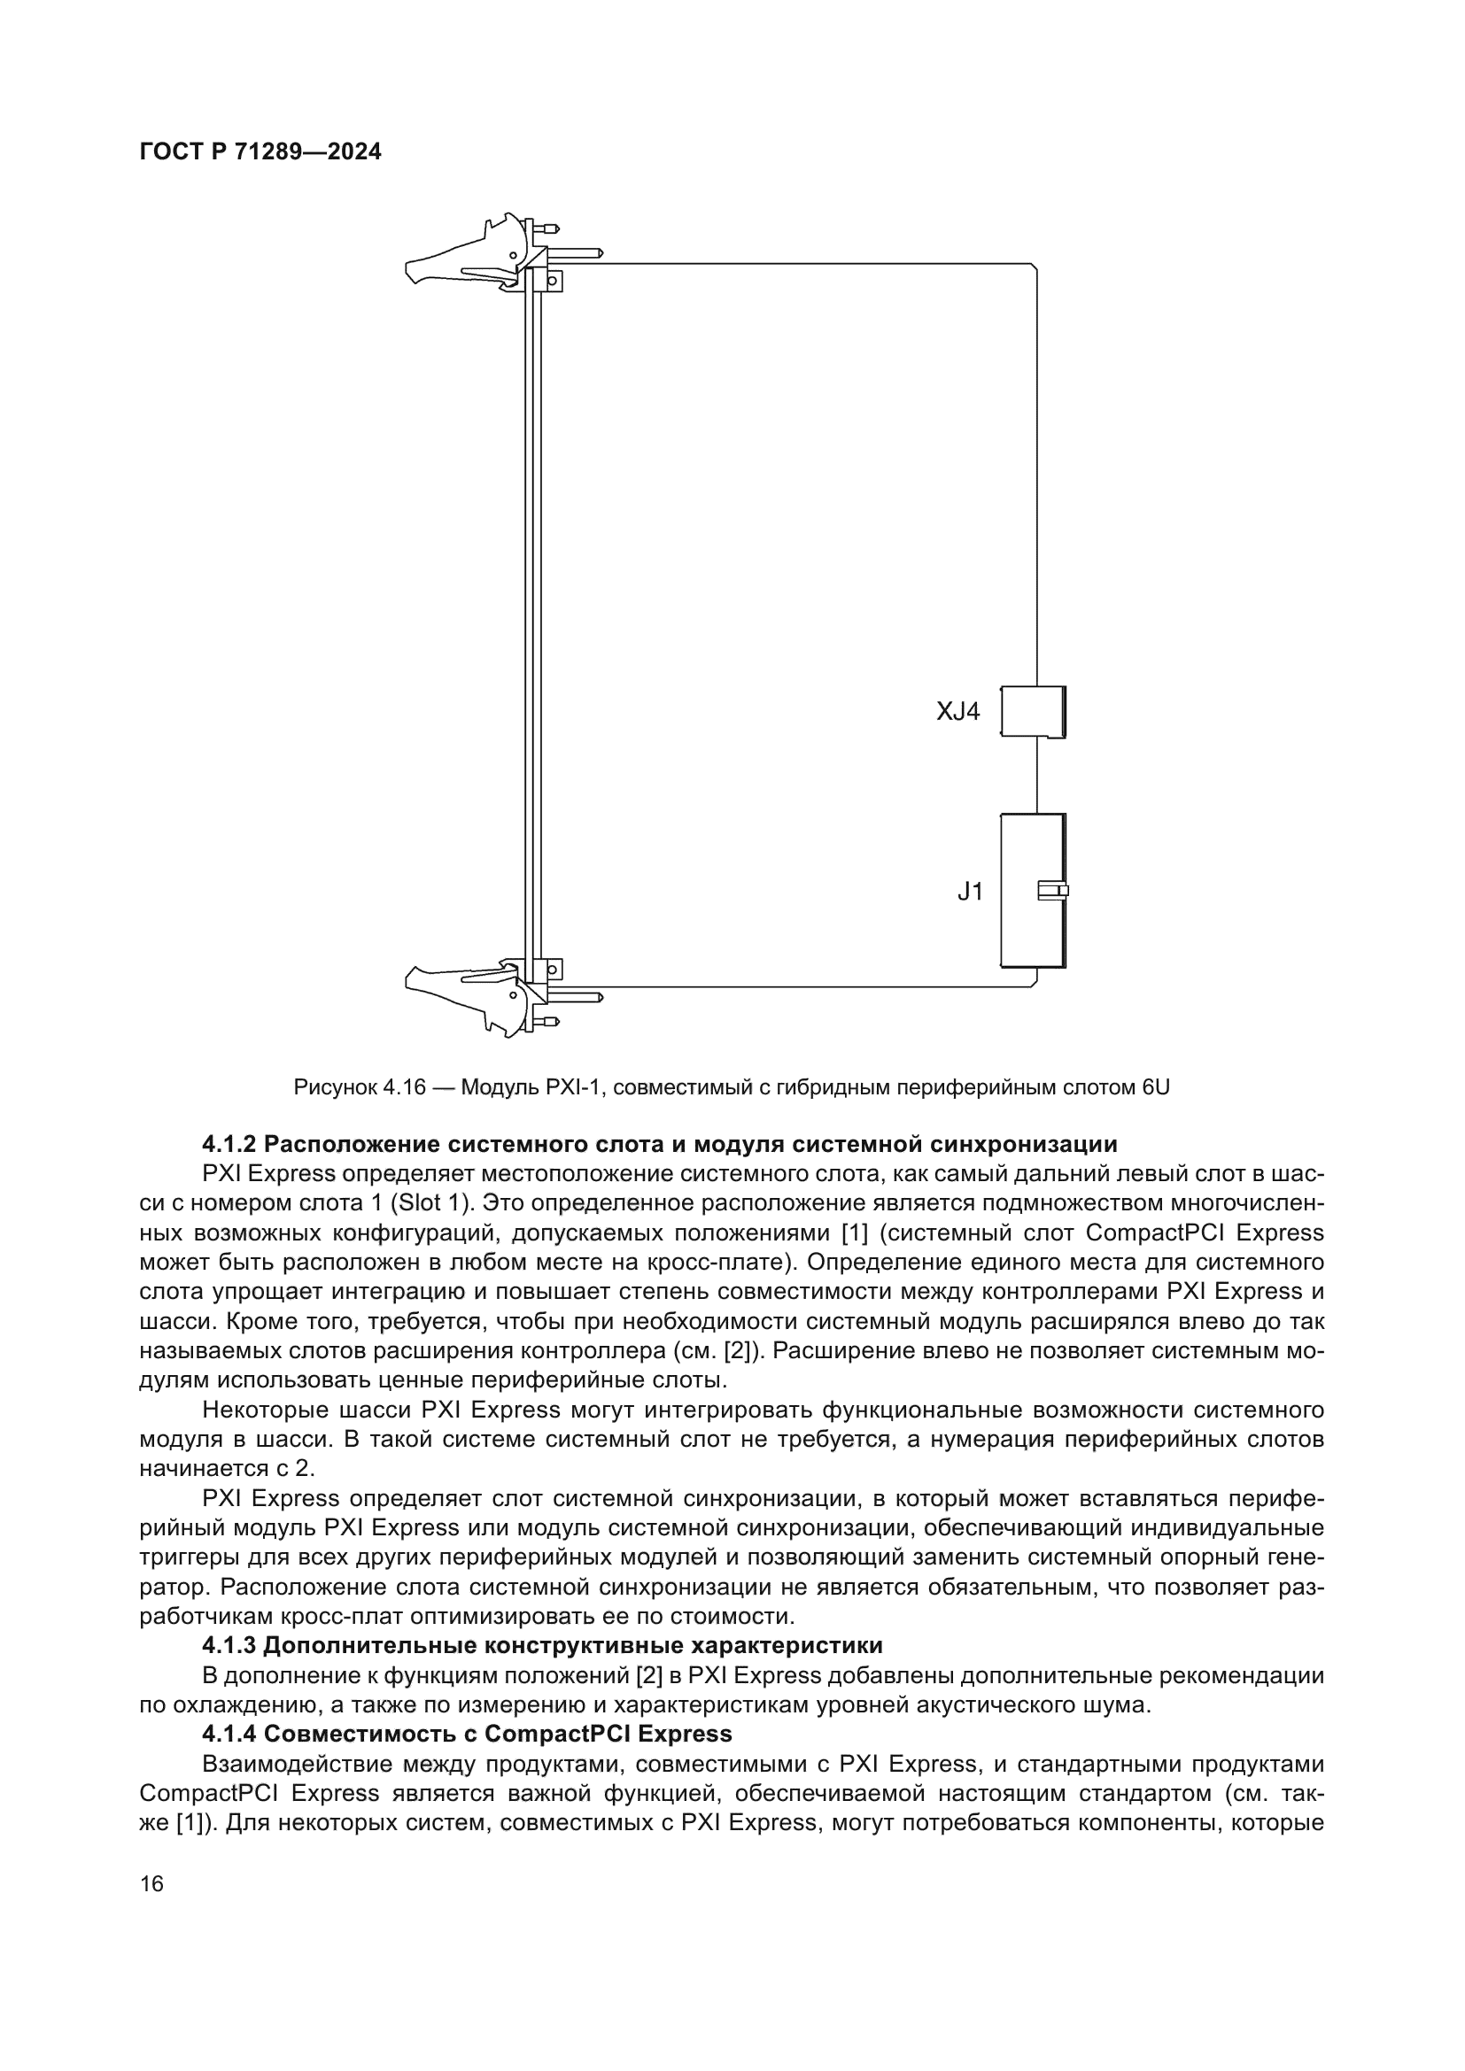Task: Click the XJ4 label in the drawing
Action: pos(957,712)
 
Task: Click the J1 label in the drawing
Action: pos(970,893)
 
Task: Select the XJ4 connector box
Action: pos(1033,713)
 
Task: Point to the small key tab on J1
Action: pos(1053,892)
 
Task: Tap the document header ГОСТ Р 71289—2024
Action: pos(260,152)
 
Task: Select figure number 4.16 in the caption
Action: pos(403,1087)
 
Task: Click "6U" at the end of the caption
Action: pos(1156,1087)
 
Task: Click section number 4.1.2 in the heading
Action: pos(229,1145)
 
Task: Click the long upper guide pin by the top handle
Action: pos(577,253)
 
